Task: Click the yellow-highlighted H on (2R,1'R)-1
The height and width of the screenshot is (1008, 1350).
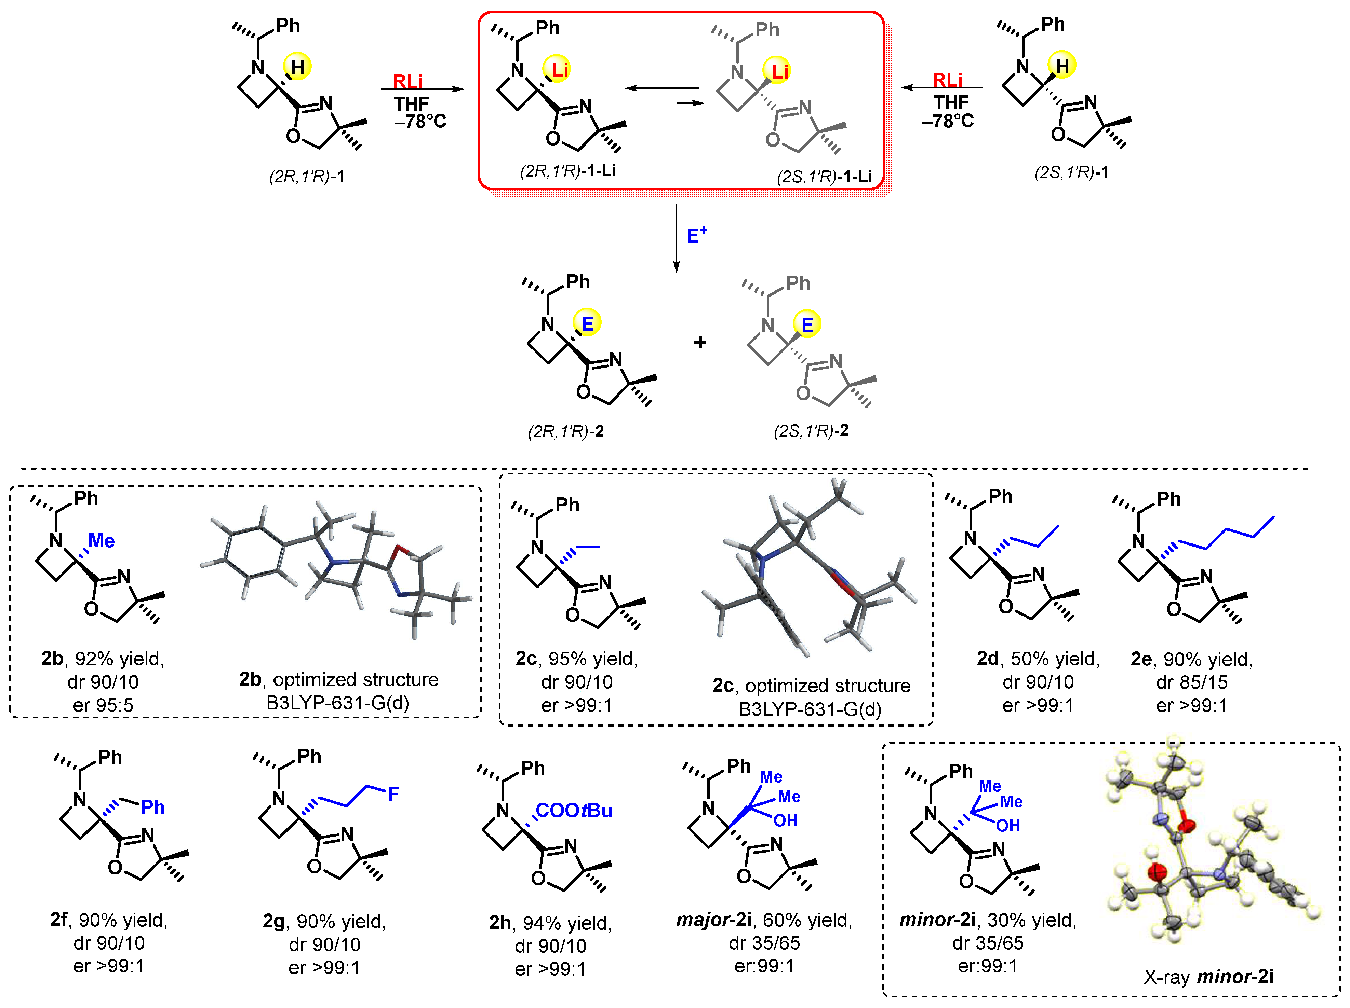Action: [x=297, y=67]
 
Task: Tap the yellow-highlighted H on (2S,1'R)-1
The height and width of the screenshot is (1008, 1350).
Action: [x=1062, y=65]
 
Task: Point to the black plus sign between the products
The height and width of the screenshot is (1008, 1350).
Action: [x=700, y=343]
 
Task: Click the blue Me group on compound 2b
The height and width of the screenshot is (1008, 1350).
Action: [x=101, y=541]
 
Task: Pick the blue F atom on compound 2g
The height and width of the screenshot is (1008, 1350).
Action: [x=393, y=794]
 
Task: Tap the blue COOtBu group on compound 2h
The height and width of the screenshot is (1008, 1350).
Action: [x=574, y=811]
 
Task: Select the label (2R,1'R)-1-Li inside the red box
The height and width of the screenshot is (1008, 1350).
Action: [x=567, y=171]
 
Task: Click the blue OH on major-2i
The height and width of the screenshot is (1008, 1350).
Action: [x=786, y=821]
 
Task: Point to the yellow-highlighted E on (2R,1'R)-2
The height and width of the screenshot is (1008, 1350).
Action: [x=587, y=323]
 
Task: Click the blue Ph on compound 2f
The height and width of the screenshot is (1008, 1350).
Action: [x=152, y=807]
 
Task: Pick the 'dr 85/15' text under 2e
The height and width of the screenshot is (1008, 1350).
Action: [x=1191, y=682]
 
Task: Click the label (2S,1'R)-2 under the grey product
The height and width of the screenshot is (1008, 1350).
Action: [x=811, y=431]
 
